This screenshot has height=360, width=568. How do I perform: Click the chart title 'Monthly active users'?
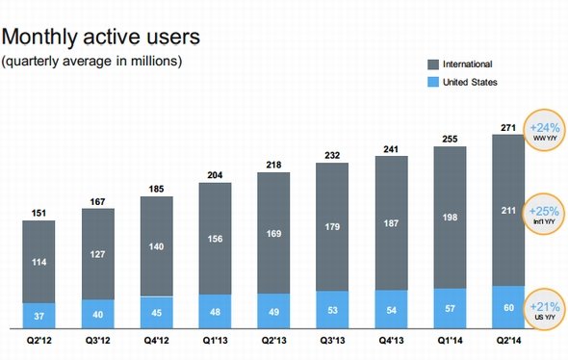point(101,38)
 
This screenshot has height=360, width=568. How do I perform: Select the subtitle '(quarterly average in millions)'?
point(91,61)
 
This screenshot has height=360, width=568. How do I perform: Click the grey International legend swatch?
point(433,64)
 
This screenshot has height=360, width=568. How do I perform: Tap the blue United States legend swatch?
point(433,82)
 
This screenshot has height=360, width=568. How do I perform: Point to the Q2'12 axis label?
point(39,341)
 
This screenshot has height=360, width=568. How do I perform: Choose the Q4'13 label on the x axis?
point(391,341)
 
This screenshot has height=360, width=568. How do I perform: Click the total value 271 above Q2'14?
point(508,128)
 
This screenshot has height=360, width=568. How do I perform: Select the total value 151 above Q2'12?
point(39,213)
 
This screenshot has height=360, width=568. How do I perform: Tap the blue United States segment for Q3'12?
point(98,314)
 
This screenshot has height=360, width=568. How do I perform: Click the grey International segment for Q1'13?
point(216,239)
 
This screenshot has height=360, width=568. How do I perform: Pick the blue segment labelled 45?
point(157,313)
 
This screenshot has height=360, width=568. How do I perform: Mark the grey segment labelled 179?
point(332,227)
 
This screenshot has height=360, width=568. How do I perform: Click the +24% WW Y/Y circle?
point(545,130)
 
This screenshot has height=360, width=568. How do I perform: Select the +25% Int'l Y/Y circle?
point(544,214)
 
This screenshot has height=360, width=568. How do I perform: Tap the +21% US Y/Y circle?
point(545,310)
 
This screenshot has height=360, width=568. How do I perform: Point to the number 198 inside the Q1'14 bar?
point(450,218)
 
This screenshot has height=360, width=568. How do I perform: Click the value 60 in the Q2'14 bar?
point(508,307)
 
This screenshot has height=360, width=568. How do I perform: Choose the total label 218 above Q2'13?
point(273,166)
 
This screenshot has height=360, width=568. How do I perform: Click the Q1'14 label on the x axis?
point(450,341)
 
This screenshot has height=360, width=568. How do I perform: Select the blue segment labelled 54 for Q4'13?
point(391,309)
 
